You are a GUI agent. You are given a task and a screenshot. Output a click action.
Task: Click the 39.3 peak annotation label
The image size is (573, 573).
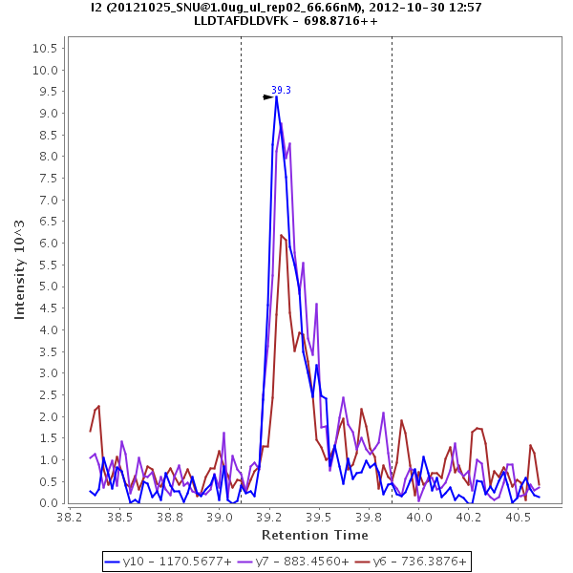[x=281, y=91]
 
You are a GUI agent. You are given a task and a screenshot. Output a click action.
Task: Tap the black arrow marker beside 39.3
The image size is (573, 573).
[x=268, y=96]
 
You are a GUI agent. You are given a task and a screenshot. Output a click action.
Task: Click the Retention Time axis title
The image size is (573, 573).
[x=314, y=535]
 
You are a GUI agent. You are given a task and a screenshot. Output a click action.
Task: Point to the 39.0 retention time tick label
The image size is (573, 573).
[x=220, y=516]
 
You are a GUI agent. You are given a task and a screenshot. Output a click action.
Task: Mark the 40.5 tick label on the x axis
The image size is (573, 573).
[x=519, y=516]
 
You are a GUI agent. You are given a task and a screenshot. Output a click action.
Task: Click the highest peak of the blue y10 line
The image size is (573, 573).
[x=276, y=96]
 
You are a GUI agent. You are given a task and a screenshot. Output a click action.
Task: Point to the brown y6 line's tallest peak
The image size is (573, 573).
[x=282, y=235]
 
